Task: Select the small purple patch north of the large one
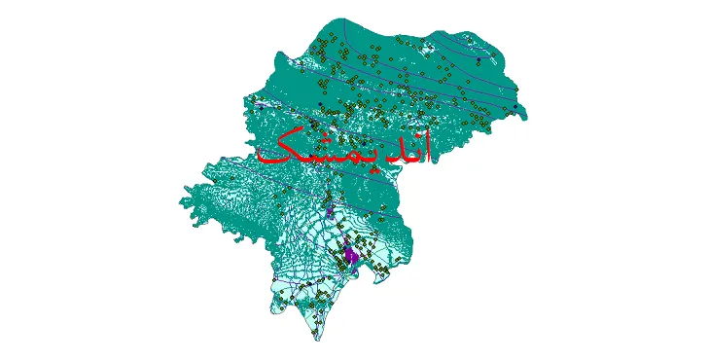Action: point(331,209)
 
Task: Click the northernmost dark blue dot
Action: point(478,60)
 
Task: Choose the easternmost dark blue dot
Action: point(516,91)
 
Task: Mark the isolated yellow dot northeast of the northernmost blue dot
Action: point(495,49)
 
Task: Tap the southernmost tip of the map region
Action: point(313,340)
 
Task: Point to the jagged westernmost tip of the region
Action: point(181,201)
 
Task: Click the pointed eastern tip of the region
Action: point(526,117)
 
